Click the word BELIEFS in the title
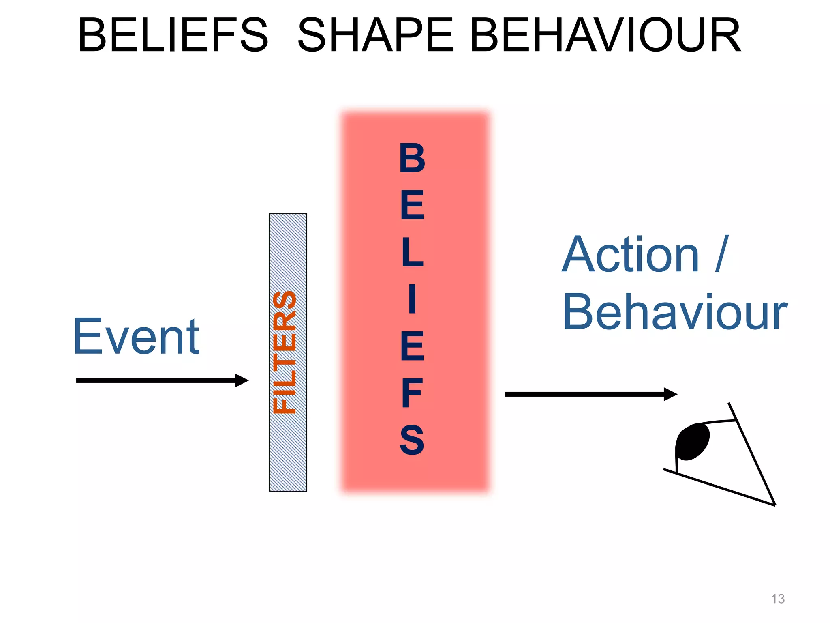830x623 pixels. pos(173,36)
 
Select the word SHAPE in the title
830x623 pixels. pos(375,36)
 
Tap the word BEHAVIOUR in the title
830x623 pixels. pos(605,36)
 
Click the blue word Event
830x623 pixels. pos(136,337)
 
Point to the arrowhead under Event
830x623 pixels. pos(242,380)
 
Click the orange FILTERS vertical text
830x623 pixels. pos(285,352)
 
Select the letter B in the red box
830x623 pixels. pos(412,158)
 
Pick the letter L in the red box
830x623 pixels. pos(412,252)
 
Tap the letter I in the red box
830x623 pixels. pos(412,299)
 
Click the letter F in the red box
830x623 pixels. pos(412,393)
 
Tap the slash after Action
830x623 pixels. pos(722,254)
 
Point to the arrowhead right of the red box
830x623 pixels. pos(671,394)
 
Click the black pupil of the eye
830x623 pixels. pos(692,442)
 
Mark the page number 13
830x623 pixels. pos(778,599)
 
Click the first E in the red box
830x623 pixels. pos(412,205)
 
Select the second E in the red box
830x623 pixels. pos(412,346)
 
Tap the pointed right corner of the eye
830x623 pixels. pos(774,504)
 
